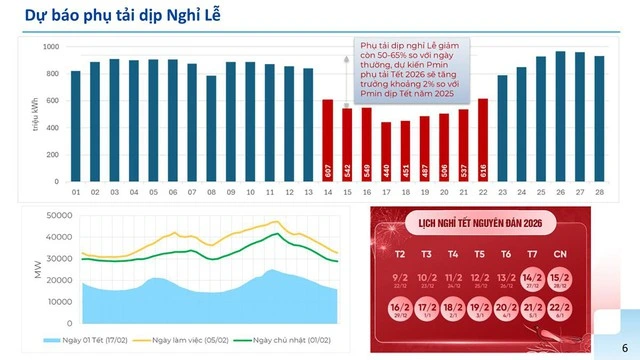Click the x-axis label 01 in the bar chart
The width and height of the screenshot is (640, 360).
point(76,191)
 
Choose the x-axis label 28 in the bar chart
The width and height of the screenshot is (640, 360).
point(599,191)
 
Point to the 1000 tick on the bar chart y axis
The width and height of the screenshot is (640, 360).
point(52,47)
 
